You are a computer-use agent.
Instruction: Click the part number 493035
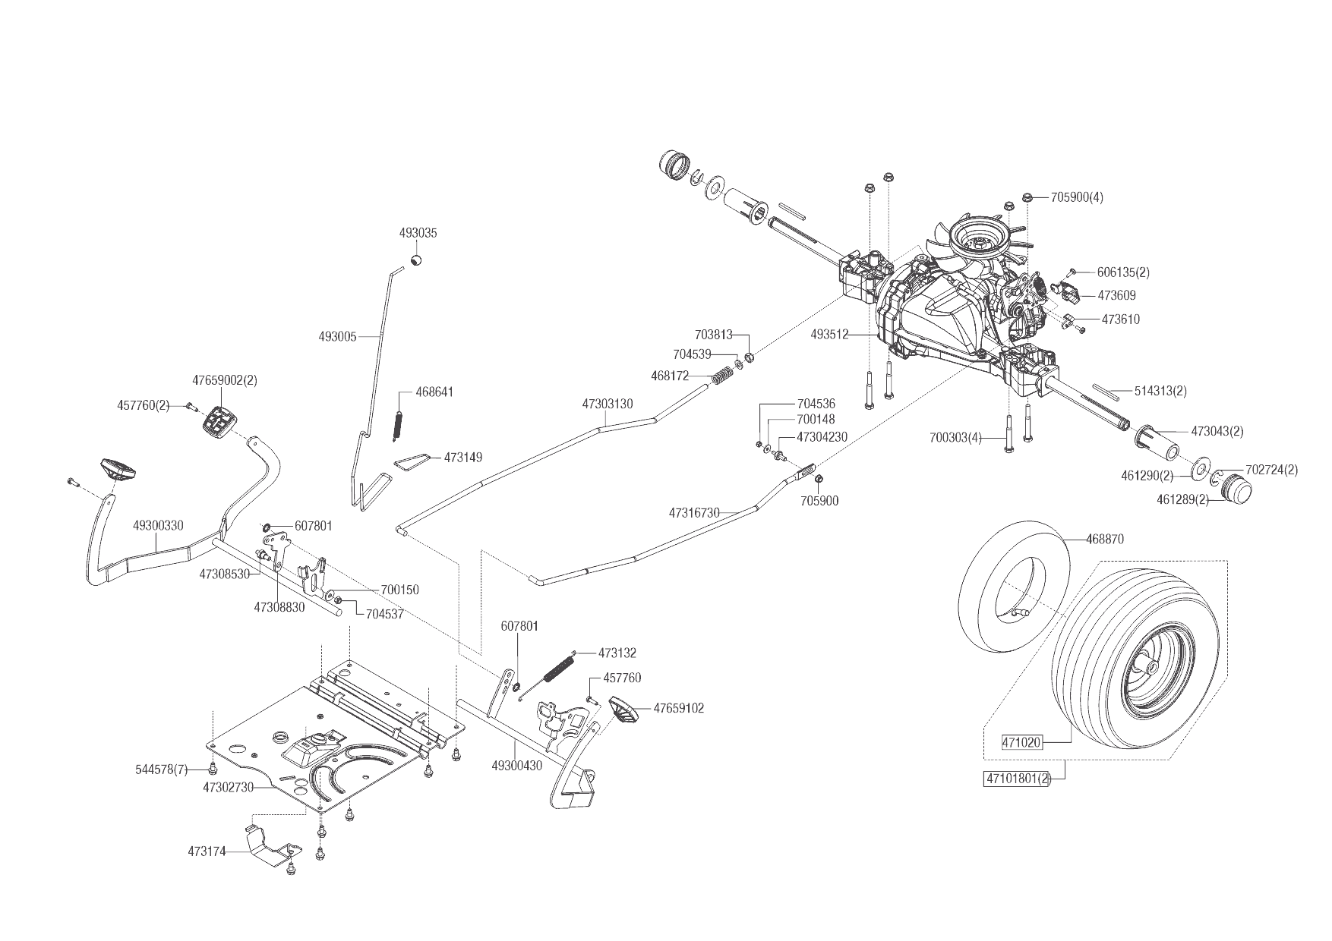click(x=418, y=234)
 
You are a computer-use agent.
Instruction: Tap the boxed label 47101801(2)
click(x=1017, y=779)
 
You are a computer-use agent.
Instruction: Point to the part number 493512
click(x=829, y=334)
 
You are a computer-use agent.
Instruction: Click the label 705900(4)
click(x=1077, y=197)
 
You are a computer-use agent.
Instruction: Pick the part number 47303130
click(x=608, y=404)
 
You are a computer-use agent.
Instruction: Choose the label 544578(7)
click(x=161, y=769)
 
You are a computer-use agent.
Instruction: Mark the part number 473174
click(x=207, y=851)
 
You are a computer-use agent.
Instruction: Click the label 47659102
click(x=678, y=708)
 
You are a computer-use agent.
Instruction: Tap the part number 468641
click(x=434, y=392)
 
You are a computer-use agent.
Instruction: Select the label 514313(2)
click(x=1160, y=391)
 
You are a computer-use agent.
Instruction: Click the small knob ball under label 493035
click(x=416, y=261)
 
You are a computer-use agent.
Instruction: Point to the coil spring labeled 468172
click(x=722, y=374)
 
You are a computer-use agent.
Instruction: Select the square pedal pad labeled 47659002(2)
click(x=219, y=420)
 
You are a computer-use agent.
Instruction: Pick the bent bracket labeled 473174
click(x=270, y=844)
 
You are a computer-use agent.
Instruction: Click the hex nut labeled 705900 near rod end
click(x=819, y=480)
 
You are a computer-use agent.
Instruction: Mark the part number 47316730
click(x=694, y=513)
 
